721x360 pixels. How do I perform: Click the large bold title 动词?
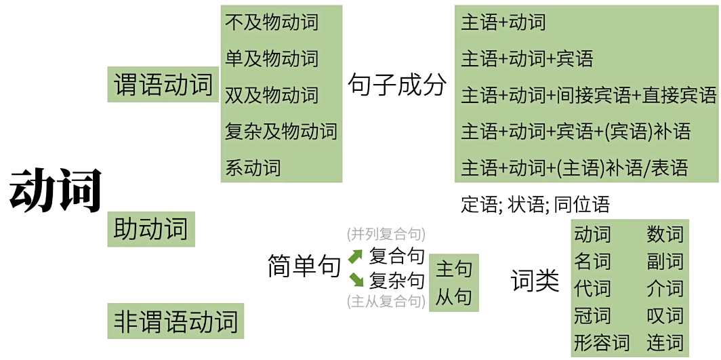[x=56, y=190]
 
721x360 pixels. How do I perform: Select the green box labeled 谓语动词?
[x=163, y=85]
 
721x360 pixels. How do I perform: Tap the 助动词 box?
[x=150, y=229]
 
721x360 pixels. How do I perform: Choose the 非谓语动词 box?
[x=176, y=321]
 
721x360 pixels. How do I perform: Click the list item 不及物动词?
[x=271, y=22]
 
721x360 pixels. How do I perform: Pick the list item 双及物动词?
[x=271, y=95]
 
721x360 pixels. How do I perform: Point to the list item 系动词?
[x=252, y=167]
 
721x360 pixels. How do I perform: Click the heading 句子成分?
[x=397, y=85]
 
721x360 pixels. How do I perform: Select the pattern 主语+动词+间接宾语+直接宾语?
[x=588, y=96]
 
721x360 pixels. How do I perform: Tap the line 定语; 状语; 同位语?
[x=535, y=204]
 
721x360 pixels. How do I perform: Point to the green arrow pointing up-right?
[x=356, y=257]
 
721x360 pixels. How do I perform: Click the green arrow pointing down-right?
[x=356, y=279]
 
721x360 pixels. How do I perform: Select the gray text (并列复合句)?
[x=386, y=235]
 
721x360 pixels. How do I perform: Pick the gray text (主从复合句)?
[x=386, y=302]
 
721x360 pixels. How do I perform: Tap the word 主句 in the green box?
[x=453, y=269]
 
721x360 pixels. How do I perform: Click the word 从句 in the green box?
[x=453, y=296]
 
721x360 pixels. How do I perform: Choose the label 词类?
[x=535, y=281]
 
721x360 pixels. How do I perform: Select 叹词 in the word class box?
[x=665, y=316]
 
